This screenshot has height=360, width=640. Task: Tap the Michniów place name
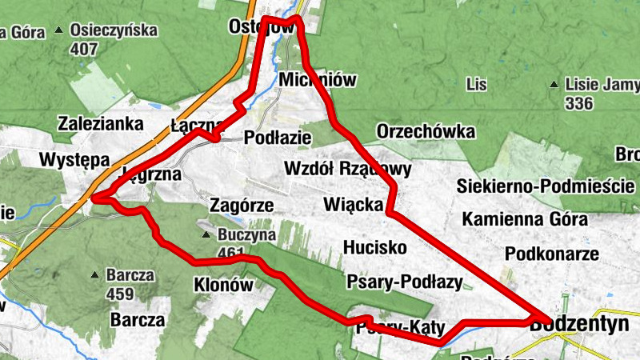click(x=318, y=81)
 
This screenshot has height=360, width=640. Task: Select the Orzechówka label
click(x=426, y=130)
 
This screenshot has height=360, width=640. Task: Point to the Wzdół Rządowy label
click(x=348, y=169)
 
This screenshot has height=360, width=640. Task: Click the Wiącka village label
click(x=354, y=204)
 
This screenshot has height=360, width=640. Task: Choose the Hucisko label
click(x=374, y=246)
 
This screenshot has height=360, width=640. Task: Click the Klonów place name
click(x=223, y=284)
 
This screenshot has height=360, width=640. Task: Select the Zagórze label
click(x=241, y=205)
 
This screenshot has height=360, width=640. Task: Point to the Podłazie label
click(x=278, y=137)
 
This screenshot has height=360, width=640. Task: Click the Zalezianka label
click(x=101, y=124)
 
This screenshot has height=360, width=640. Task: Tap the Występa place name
click(x=74, y=159)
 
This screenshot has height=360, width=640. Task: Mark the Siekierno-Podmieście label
click(x=540, y=186)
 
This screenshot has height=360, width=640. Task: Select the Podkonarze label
click(x=552, y=254)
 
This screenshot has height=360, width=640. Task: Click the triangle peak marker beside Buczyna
click(x=206, y=236)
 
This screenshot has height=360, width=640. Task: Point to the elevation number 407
click(x=83, y=49)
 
